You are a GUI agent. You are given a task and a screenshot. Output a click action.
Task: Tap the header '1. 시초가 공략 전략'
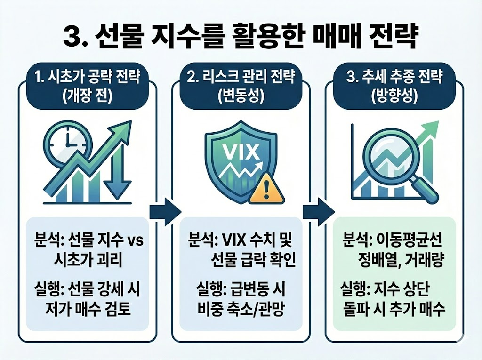tap(88, 77)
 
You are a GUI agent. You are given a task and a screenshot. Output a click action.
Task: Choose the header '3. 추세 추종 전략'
tap(394, 77)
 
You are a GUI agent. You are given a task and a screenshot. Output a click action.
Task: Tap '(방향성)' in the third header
tap(394, 97)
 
